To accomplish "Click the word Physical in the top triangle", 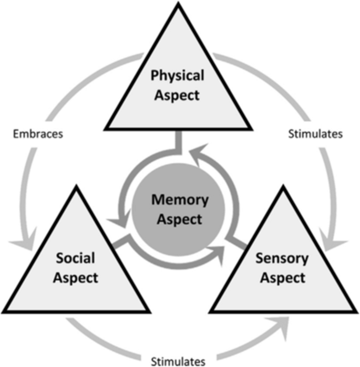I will [x=177, y=76].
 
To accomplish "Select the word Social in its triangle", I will [x=76, y=258].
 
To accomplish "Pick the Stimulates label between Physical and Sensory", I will [x=316, y=133].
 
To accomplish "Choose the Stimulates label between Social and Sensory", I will [x=179, y=361].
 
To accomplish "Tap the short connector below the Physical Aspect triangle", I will [x=179, y=139].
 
